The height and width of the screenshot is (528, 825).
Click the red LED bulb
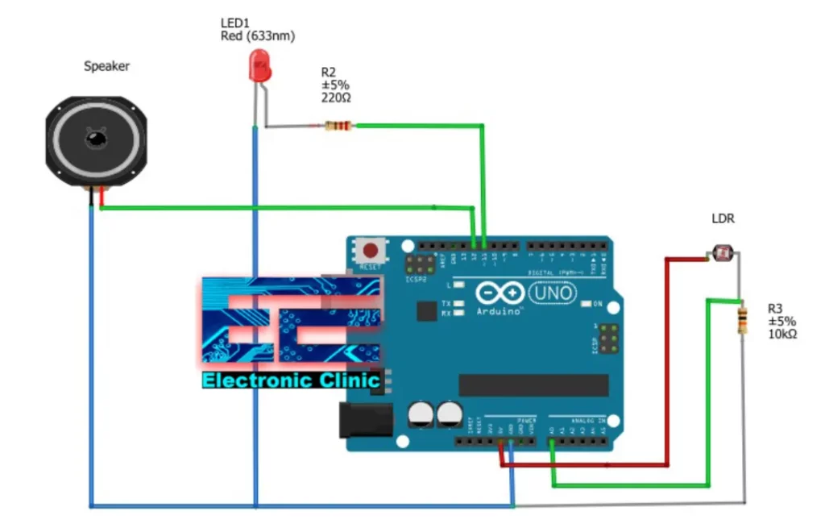pyautogui.click(x=260, y=65)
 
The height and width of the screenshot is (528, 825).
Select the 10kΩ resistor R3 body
pyautogui.click(x=741, y=321)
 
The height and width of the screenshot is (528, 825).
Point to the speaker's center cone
pyautogui.click(x=96, y=139)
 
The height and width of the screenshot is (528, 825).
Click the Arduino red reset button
pyautogui.click(x=371, y=248)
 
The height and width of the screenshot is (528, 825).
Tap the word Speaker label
pyautogui.click(x=106, y=66)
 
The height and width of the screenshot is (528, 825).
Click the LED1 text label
pyautogui.click(x=234, y=23)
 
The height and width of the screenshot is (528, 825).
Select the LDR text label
pyautogui.click(x=723, y=218)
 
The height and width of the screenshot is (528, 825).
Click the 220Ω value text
pyautogui.click(x=336, y=98)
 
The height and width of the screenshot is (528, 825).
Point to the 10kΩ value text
pyautogui.click(x=781, y=334)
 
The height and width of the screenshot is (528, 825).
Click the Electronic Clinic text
pyautogui.click(x=291, y=380)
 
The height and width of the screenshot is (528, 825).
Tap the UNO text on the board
pyautogui.click(x=555, y=293)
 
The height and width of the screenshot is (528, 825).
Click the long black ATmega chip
pyautogui.click(x=533, y=385)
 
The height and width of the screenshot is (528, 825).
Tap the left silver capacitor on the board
pyautogui.click(x=421, y=415)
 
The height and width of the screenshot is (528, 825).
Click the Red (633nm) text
pyautogui.click(x=258, y=36)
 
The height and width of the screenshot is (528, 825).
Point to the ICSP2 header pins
pyautogui.click(x=416, y=264)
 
